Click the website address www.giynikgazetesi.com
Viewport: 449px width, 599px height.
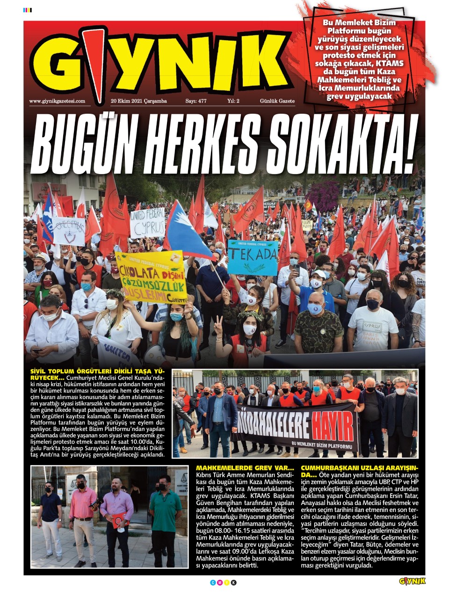pyautogui.click(x=57, y=101)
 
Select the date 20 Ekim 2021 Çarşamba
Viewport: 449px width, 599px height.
pyautogui.click(x=138, y=101)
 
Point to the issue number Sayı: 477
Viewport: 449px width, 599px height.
pyautogui.click(x=196, y=101)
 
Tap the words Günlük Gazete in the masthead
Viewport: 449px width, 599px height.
pyautogui.click(x=277, y=101)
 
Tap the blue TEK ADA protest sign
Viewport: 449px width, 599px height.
pyautogui.click(x=253, y=257)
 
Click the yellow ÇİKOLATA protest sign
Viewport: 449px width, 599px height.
pyautogui.click(x=151, y=277)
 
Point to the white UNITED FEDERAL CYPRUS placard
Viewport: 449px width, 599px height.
pyautogui.click(x=147, y=222)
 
